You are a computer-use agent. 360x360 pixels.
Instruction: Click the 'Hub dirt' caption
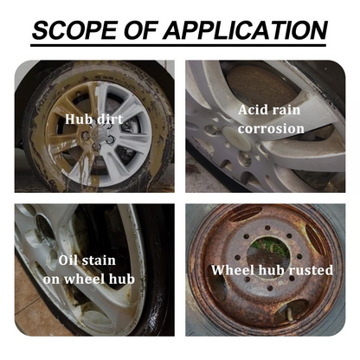click(x=94, y=119)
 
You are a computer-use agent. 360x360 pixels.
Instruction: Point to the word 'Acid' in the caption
click(x=255, y=110)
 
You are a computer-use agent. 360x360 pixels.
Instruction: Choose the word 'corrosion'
click(x=272, y=129)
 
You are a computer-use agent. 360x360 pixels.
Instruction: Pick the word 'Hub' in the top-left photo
click(x=77, y=119)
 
